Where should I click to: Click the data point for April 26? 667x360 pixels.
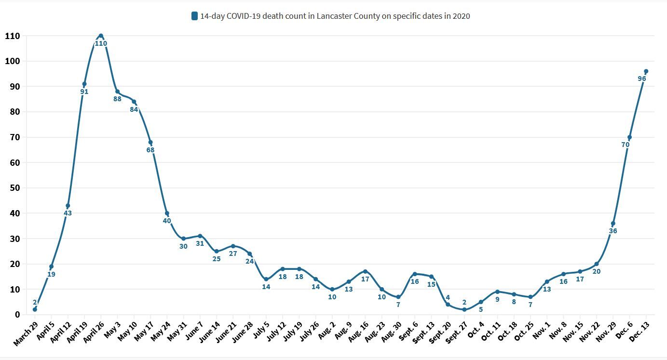coord(101,36)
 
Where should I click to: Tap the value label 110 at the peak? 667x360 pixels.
coord(101,43)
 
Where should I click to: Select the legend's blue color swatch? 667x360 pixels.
coord(194,16)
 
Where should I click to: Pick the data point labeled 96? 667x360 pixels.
coord(646,71)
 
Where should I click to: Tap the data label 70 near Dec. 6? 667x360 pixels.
coord(626,145)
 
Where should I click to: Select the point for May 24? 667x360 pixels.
coord(167,213)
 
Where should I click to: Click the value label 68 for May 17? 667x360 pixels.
coord(150,150)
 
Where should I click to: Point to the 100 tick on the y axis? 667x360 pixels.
coord(12,61)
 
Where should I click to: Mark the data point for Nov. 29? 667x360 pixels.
coord(613,224)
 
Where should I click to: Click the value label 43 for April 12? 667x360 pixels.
coord(68,213)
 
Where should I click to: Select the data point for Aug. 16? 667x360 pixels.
coord(365,271)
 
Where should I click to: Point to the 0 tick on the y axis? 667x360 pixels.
coord(17,315)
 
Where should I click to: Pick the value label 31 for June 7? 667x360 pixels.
coord(200,243)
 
